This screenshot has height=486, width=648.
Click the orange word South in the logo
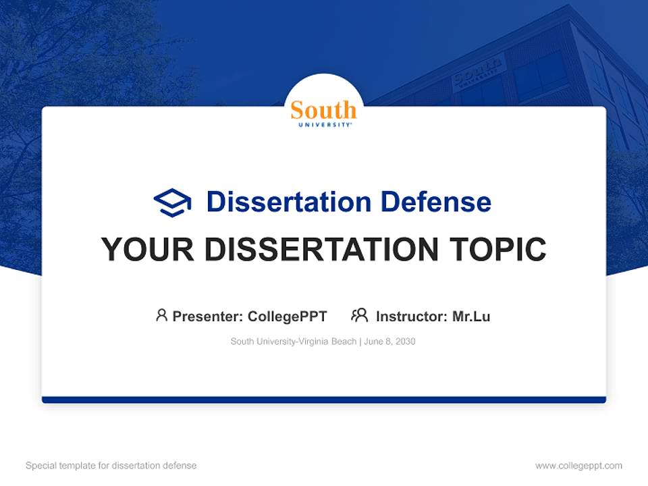[x=323, y=110]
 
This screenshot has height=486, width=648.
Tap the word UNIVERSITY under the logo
[x=323, y=125]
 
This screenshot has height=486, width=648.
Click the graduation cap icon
[x=172, y=202]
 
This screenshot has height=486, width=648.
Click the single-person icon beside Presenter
[x=161, y=315]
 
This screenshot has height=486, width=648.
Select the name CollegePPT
[x=287, y=316]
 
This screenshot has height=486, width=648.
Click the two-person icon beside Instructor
[x=359, y=315]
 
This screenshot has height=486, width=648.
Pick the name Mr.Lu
[x=471, y=316]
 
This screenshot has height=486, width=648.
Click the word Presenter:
[x=208, y=316]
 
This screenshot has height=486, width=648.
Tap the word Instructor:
[x=412, y=316]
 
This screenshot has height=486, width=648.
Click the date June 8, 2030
[x=389, y=342]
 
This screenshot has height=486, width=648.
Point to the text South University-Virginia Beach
[x=293, y=342]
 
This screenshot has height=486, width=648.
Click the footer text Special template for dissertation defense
[x=111, y=466]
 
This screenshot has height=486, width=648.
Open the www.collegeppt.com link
[x=578, y=466]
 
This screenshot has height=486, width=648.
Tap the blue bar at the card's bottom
[x=324, y=400]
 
